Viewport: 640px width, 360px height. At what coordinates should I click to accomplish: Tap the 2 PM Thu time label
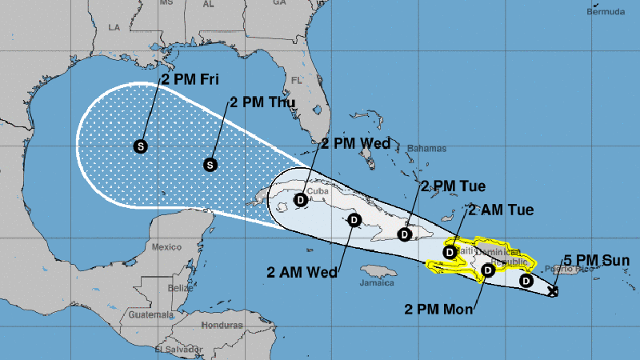263,102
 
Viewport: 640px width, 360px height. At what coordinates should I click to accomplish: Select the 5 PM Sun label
596,260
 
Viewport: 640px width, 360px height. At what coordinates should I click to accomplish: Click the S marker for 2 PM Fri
141,146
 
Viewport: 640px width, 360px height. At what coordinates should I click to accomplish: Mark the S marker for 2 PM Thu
210,164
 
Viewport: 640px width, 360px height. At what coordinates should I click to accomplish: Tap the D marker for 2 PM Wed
300,200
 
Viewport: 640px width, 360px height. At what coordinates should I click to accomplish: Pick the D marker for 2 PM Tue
406,235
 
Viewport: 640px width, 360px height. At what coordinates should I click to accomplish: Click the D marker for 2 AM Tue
450,252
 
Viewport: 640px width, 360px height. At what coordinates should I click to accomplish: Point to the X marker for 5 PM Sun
554,292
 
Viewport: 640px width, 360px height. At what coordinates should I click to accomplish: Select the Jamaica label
377,282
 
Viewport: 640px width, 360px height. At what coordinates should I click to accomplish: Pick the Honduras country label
222,326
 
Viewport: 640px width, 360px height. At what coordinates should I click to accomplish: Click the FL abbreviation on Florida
296,81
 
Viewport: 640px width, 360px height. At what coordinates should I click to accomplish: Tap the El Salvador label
177,350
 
